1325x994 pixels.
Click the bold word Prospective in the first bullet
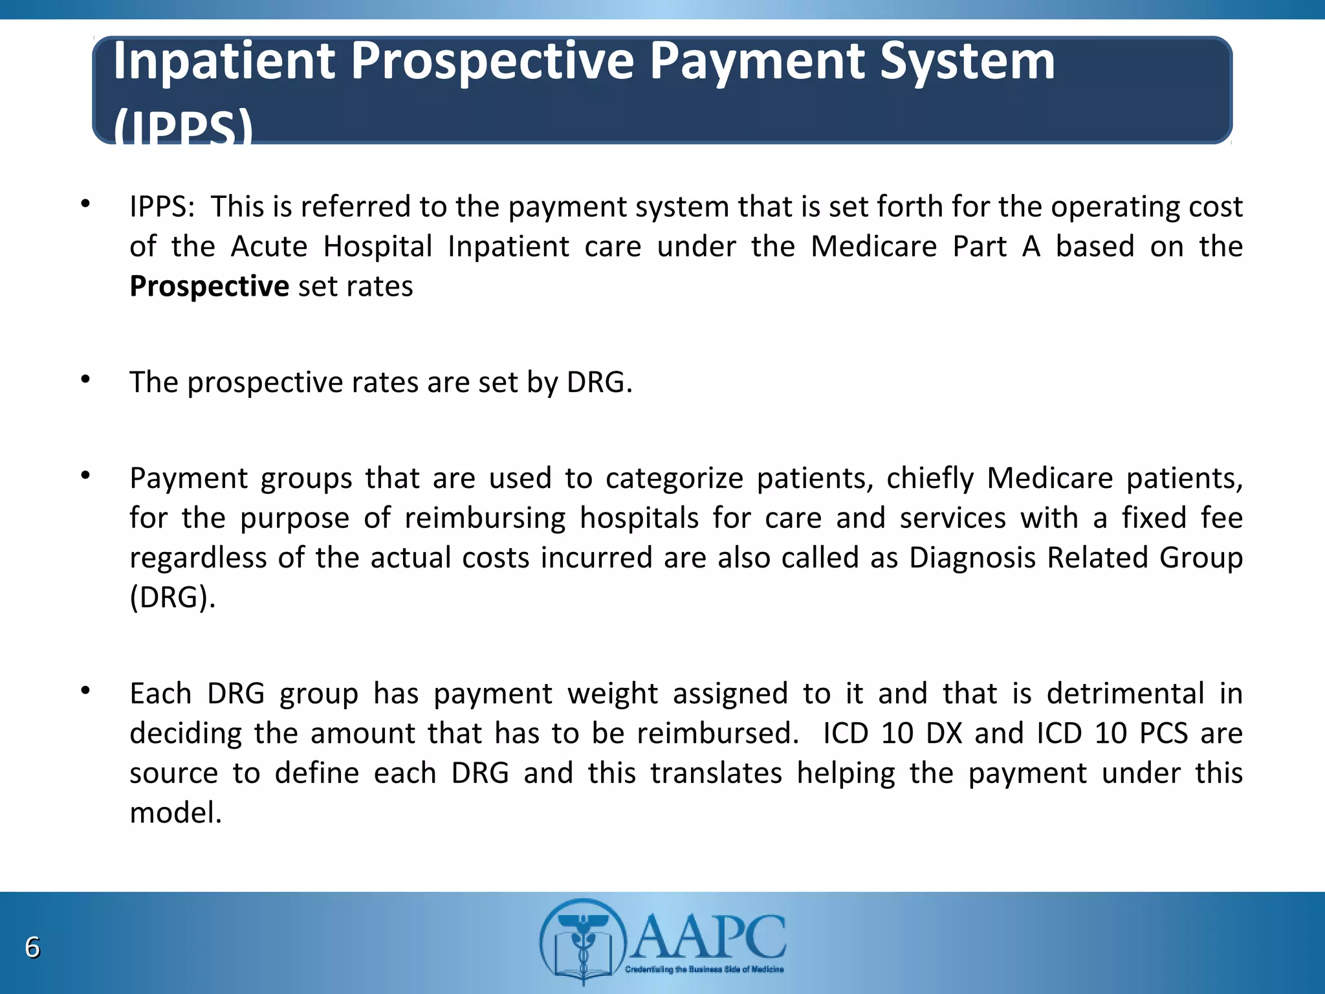point(209,287)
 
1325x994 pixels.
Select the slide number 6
point(32,947)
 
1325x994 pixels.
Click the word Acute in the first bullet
point(269,247)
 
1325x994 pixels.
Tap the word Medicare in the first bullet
point(873,247)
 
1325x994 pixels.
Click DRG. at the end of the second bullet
point(599,382)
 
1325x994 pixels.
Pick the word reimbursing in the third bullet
point(485,518)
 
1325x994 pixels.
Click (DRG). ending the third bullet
point(172,597)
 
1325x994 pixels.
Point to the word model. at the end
point(175,813)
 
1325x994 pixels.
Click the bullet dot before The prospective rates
point(85,380)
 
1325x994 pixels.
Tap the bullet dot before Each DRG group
point(85,691)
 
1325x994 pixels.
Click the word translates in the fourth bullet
point(716,773)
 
